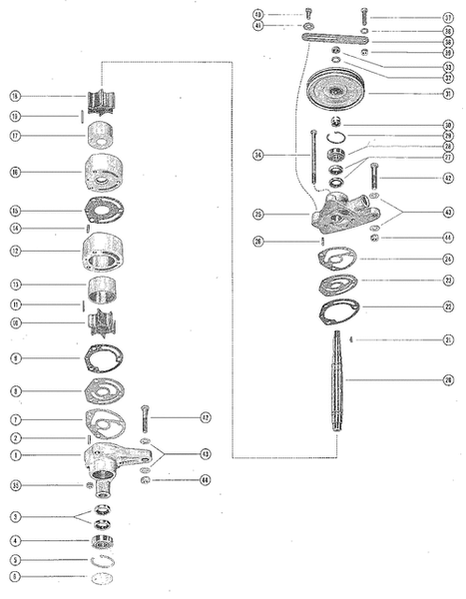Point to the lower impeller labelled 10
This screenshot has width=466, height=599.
pos(103,324)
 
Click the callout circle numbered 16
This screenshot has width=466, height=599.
pos(15,173)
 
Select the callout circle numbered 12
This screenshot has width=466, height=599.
pos(15,252)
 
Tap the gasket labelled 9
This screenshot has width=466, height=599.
pos(103,357)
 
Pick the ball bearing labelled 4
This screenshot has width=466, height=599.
pos(103,542)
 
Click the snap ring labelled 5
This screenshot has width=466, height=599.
pos(103,560)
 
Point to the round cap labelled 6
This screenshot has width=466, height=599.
pos(103,578)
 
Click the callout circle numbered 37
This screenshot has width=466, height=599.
pos(448,18)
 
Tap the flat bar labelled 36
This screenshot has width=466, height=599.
pos(338,39)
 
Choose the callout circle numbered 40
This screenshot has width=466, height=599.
pos(257,15)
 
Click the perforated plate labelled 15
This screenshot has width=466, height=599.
pos(104,211)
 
